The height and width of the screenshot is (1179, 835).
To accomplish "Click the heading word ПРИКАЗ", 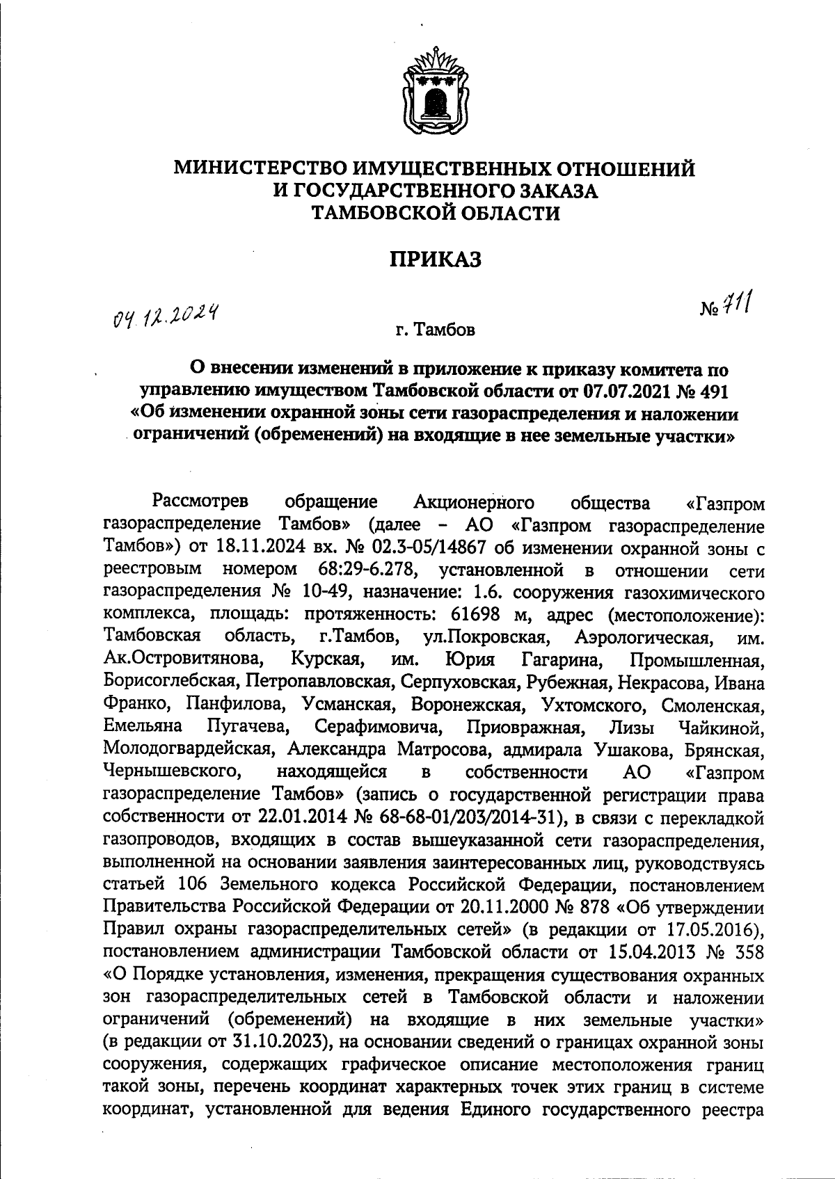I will pyautogui.click(x=435, y=259).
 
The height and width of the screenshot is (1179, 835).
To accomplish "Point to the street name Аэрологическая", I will pyautogui.click(x=642, y=637).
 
